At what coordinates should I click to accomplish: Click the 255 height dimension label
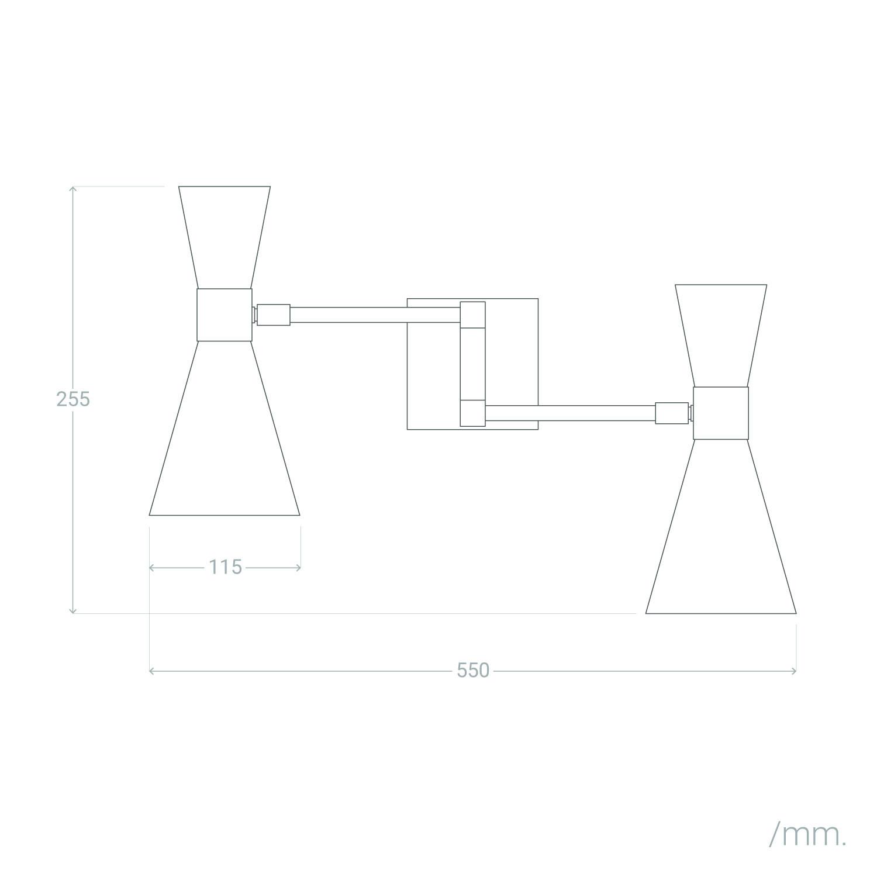pos(73,399)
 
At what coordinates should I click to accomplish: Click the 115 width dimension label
pos(225,567)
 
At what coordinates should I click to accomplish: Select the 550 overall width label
pos(472,670)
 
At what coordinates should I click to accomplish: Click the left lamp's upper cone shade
pos(225,237)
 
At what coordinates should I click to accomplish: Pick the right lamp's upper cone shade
pos(721,336)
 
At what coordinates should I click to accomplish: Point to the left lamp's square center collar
pos(225,315)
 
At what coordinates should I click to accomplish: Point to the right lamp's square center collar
pos(721,413)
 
